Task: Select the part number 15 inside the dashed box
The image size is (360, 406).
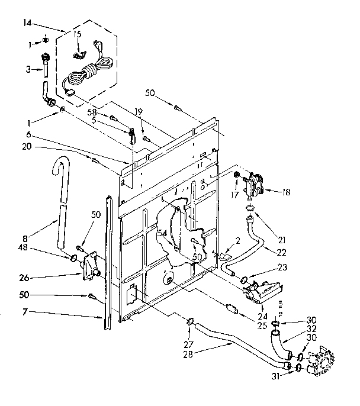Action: tap(77, 35)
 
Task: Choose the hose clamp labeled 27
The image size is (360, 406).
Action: tap(191, 323)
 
